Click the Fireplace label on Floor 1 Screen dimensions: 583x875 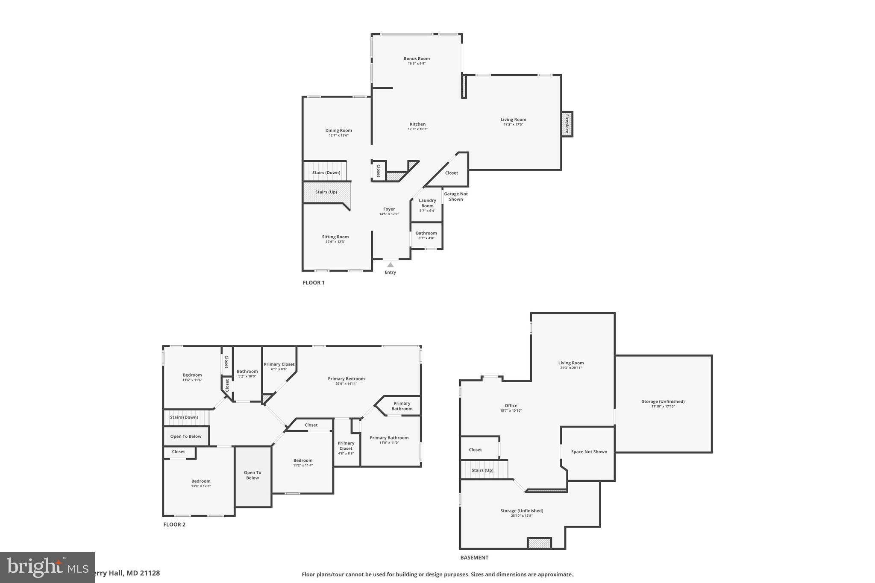567,124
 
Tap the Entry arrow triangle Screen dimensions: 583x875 390,265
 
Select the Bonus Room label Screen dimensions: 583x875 417,59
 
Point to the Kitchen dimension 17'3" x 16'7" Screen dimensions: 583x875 417,129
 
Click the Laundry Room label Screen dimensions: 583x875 427,203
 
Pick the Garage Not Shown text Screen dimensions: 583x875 456,196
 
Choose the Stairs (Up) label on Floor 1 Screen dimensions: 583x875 326,192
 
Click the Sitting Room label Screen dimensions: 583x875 335,237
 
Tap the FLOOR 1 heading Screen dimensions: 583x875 314,283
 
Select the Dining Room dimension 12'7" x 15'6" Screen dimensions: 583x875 338,135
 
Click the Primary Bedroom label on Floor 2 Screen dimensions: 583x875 346,378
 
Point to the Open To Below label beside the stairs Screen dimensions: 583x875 185,437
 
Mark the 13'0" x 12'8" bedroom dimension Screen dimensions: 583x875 201,486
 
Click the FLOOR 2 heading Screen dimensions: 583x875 174,524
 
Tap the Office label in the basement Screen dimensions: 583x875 511,406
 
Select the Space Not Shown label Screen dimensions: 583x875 589,452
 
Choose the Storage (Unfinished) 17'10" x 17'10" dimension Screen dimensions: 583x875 663,406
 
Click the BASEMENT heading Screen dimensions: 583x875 474,557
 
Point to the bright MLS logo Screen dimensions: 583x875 47,567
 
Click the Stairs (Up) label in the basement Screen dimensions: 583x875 482,470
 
